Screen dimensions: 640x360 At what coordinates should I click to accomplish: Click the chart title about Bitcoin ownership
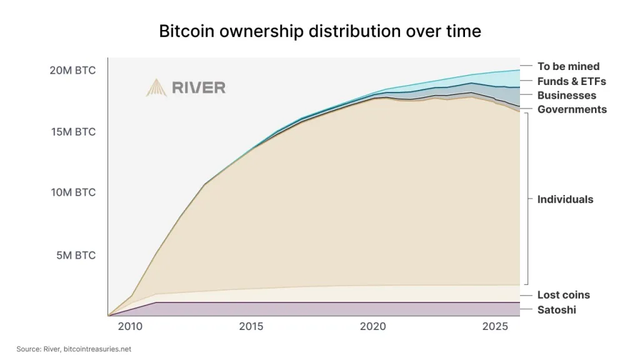pos(320,31)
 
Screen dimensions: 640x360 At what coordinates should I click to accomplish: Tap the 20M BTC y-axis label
pos(72,70)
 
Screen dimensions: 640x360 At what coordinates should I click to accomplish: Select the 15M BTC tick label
pos(73,132)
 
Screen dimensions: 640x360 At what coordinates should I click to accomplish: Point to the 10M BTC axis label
pos(73,192)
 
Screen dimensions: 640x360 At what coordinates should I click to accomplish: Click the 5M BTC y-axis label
pos(76,255)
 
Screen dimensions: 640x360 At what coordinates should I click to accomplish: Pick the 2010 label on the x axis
pos(130,326)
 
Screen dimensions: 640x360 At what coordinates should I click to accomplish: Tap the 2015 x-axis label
pos(251,326)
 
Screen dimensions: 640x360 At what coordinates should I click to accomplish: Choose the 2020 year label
pos(372,326)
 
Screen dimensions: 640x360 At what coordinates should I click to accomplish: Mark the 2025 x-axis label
pos(495,326)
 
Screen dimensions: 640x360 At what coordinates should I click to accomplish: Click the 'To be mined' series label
pos(568,66)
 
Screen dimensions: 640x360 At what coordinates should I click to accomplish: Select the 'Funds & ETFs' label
pos(571,81)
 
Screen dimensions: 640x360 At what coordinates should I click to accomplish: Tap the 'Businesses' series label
pos(566,95)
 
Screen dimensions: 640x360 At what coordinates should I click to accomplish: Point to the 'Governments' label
pos(572,109)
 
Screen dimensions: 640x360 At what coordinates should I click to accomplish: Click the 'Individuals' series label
pos(565,199)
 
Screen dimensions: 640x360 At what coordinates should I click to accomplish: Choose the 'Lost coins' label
pos(563,295)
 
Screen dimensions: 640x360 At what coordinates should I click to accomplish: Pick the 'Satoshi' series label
pos(556,310)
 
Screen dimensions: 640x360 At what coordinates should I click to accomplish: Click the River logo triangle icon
pos(156,88)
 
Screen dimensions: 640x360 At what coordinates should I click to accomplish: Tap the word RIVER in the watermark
pos(199,87)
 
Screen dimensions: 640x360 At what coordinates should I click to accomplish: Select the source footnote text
pos(74,349)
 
